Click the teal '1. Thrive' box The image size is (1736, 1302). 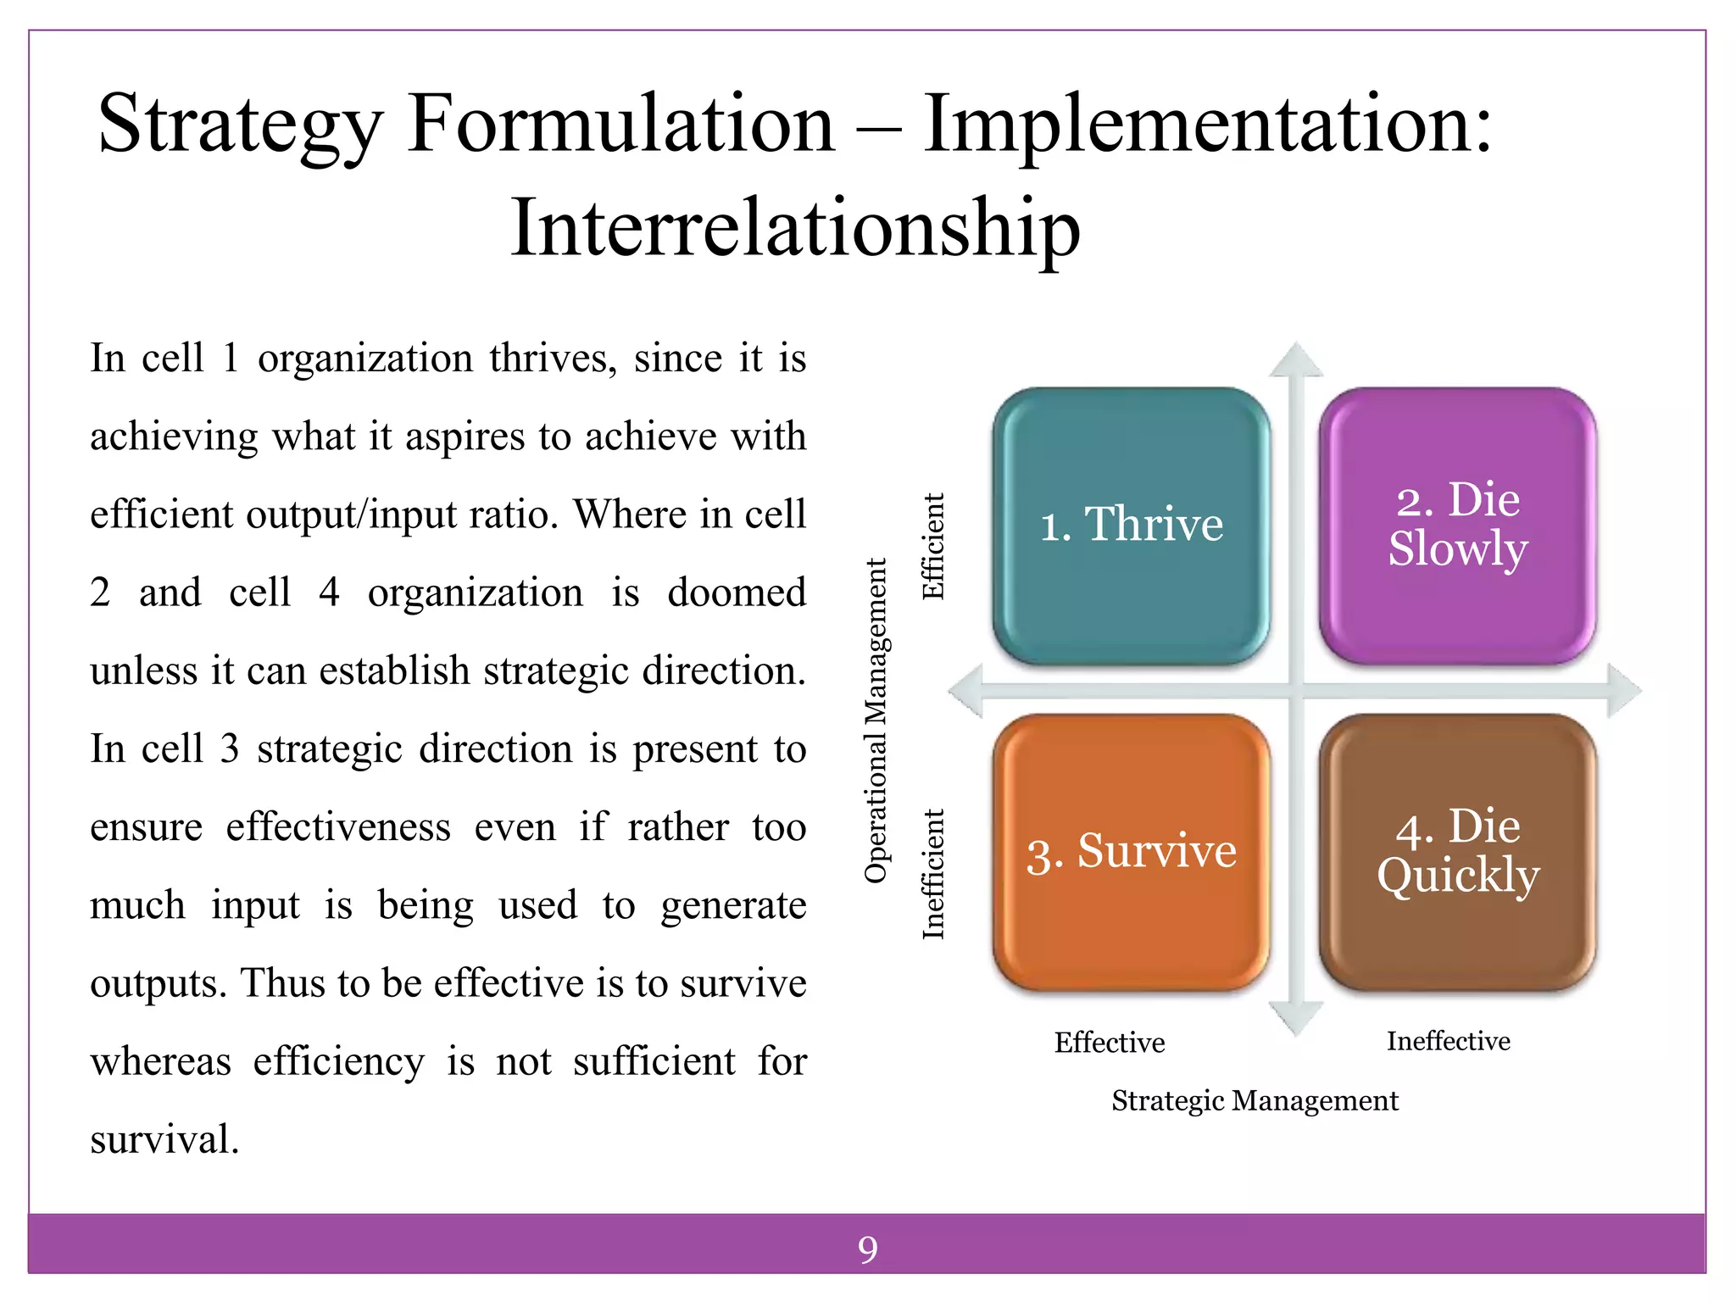[1131, 526]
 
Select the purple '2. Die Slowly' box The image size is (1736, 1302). [1457, 526]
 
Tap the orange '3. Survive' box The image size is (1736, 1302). [1131, 852]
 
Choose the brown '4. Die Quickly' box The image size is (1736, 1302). [1457, 852]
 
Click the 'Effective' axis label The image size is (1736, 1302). [1110, 1042]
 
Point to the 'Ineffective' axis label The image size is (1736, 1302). [1448, 1041]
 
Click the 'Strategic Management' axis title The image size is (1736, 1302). [1255, 1100]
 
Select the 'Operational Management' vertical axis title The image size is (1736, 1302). [876, 721]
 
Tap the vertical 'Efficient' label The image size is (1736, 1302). [933, 547]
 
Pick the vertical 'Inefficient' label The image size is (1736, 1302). [933, 874]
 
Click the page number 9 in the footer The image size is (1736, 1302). [867, 1249]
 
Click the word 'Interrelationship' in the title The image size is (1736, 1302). [795, 227]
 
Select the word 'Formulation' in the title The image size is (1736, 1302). [621, 124]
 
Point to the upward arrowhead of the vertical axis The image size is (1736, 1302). [1295, 361]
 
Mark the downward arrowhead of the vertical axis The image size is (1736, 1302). [1295, 1016]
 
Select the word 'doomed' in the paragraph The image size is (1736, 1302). [736, 593]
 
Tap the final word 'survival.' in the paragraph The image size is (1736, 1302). [164, 1139]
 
